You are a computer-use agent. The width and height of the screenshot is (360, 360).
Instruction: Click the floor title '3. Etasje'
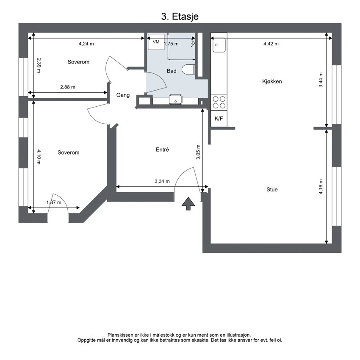[x=180, y=17]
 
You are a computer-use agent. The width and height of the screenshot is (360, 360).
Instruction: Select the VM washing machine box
[x=156, y=42]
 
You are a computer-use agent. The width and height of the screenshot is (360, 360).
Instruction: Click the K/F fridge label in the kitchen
[x=219, y=119]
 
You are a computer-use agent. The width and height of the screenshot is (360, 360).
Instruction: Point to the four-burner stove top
[x=219, y=102]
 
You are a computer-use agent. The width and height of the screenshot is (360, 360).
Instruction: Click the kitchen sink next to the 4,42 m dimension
[x=219, y=45]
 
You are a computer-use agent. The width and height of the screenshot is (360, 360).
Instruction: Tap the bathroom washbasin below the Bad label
[x=176, y=100]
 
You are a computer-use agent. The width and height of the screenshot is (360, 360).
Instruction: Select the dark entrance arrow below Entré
[x=188, y=204]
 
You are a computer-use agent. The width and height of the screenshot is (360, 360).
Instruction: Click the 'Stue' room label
[x=272, y=190]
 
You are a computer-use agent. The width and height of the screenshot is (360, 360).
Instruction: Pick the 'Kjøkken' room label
[x=272, y=81]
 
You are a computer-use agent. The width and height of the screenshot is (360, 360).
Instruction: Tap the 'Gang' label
[x=123, y=95]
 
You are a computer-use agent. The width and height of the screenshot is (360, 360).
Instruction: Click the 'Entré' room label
[x=162, y=150]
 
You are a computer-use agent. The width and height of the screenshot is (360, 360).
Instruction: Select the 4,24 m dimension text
[x=86, y=44]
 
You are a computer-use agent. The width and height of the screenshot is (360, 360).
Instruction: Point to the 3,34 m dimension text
[x=162, y=181]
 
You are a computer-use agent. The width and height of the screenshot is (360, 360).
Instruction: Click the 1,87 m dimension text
[x=54, y=202]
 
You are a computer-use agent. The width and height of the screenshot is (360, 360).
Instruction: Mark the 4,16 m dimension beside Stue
[x=321, y=187]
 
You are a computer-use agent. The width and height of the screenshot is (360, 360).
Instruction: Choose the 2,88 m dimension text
[x=67, y=87]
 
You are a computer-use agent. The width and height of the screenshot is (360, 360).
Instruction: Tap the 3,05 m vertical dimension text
[x=198, y=152]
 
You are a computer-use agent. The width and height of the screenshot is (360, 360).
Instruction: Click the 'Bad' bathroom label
[x=172, y=71]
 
